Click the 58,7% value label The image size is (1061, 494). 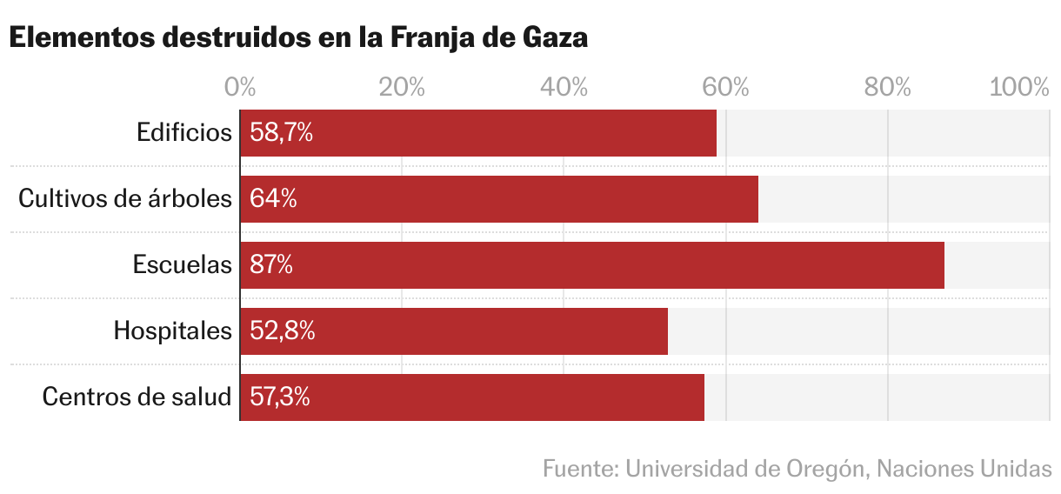[281, 133]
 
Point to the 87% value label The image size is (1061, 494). [271, 265]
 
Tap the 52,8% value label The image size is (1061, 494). [282, 331]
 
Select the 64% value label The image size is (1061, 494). [273, 199]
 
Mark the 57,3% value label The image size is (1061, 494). [280, 397]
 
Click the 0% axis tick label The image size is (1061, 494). [240, 87]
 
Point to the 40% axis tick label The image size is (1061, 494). [564, 87]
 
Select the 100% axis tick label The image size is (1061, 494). [1019, 87]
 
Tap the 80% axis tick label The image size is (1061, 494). [887, 87]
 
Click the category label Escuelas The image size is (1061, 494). [183, 265]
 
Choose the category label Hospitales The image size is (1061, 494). [173, 331]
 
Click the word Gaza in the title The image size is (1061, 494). [555, 39]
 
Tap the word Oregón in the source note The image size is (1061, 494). [824, 469]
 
